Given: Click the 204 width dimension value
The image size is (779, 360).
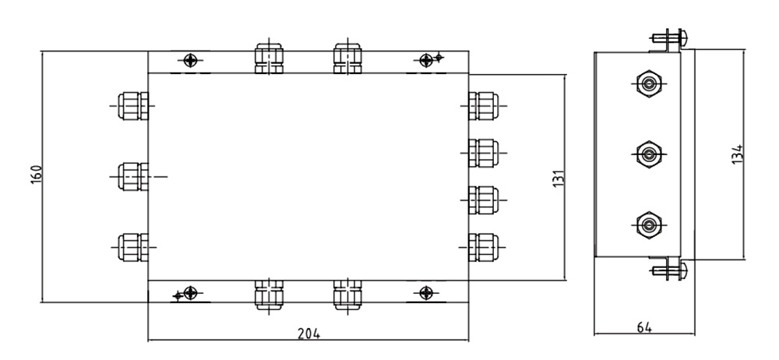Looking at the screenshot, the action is (x=308, y=334).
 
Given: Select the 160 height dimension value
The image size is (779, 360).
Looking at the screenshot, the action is (x=37, y=175).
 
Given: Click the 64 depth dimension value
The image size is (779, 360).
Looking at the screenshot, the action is (x=644, y=327).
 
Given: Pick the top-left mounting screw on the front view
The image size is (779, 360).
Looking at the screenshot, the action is (x=190, y=61).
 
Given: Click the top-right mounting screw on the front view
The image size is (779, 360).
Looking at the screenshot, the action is (x=426, y=61).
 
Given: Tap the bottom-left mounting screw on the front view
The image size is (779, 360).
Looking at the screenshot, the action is (x=190, y=293).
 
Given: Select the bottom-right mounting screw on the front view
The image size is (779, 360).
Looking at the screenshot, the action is (x=426, y=293).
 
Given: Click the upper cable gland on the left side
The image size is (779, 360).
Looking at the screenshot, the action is (x=133, y=106).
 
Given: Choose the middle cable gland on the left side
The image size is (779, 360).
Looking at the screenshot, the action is (x=133, y=177).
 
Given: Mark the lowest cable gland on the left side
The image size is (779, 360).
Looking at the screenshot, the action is (x=133, y=247).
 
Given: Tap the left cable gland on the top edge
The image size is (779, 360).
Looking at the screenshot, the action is (x=269, y=58).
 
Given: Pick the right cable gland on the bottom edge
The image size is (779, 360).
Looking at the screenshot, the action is (x=347, y=295).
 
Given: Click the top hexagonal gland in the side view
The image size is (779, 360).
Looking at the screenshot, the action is (x=648, y=84).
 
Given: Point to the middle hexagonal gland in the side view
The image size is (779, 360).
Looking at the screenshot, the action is (x=648, y=154).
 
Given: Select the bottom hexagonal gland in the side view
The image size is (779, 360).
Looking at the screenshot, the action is (x=648, y=225).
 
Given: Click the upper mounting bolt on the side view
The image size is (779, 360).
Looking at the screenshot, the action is (x=669, y=37).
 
